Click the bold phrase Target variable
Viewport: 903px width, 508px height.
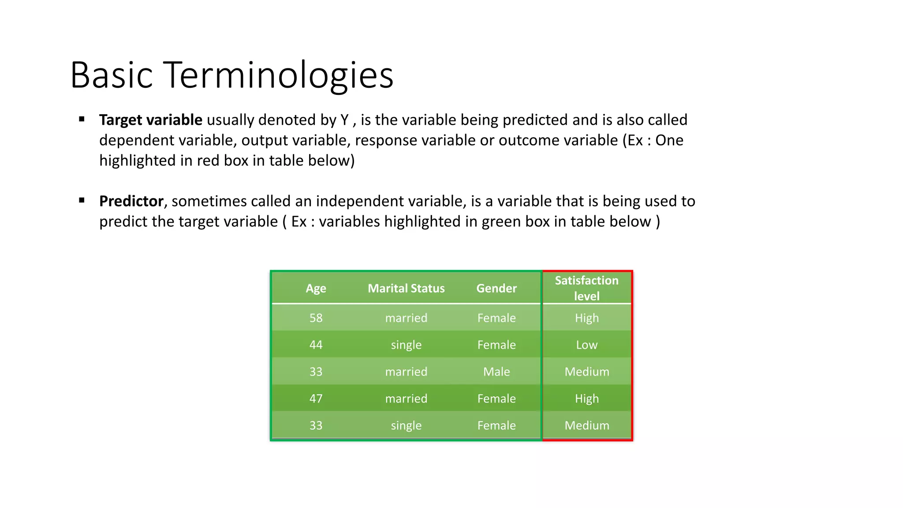click(150, 120)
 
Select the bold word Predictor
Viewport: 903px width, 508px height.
click(131, 201)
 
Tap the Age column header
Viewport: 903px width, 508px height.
click(316, 288)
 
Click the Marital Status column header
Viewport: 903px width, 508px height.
click(406, 288)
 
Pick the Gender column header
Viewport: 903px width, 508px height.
click(496, 288)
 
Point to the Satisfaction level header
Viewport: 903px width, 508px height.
click(586, 288)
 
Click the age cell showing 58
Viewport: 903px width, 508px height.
click(316, 318)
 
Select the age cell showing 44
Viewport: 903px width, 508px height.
click(316, 345)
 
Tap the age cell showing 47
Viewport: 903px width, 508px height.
click(316, 399)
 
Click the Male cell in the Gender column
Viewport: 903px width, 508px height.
click(496, 372)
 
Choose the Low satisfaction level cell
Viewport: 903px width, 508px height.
click(586, 345)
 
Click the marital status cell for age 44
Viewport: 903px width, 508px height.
click(406, 345)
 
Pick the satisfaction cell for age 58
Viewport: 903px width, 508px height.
click(586, 318)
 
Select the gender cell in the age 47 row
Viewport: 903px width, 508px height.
click(496, 399)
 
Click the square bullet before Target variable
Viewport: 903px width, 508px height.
click(82, 119)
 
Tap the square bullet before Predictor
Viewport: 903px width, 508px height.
click(82, 200)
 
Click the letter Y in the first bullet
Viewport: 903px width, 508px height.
click(344, 120)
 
